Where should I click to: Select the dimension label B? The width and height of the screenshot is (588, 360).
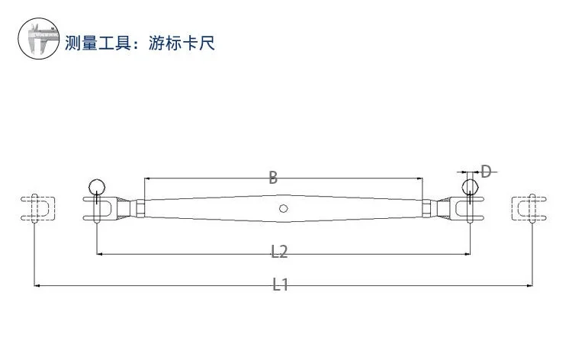[273, 178]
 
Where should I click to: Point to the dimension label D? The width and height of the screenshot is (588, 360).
[485, 171]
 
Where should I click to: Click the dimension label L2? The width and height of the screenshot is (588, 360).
[279, 249]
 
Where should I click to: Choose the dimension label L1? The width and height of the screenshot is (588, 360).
[281, 284]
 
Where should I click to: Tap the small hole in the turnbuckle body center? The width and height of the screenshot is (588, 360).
[283, 208]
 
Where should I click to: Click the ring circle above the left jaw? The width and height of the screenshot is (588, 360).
[97, 186]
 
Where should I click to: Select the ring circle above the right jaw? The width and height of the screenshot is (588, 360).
[471, 186]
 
